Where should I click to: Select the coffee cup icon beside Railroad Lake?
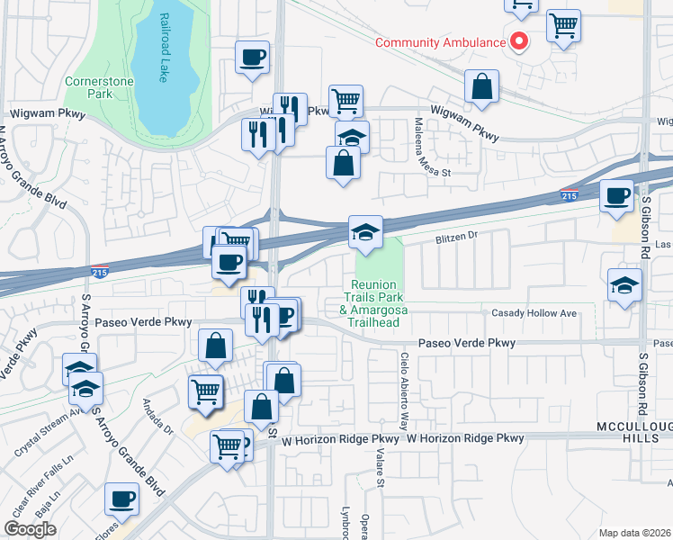point(252,58)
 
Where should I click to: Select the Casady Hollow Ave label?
point(534,313)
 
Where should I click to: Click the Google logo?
point(30,529)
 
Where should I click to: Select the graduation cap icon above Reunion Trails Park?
point(366,232)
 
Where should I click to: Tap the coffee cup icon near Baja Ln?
point(121,499)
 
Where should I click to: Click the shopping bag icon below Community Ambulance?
point(482,86)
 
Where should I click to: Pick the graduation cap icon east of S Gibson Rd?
point(624,285)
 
